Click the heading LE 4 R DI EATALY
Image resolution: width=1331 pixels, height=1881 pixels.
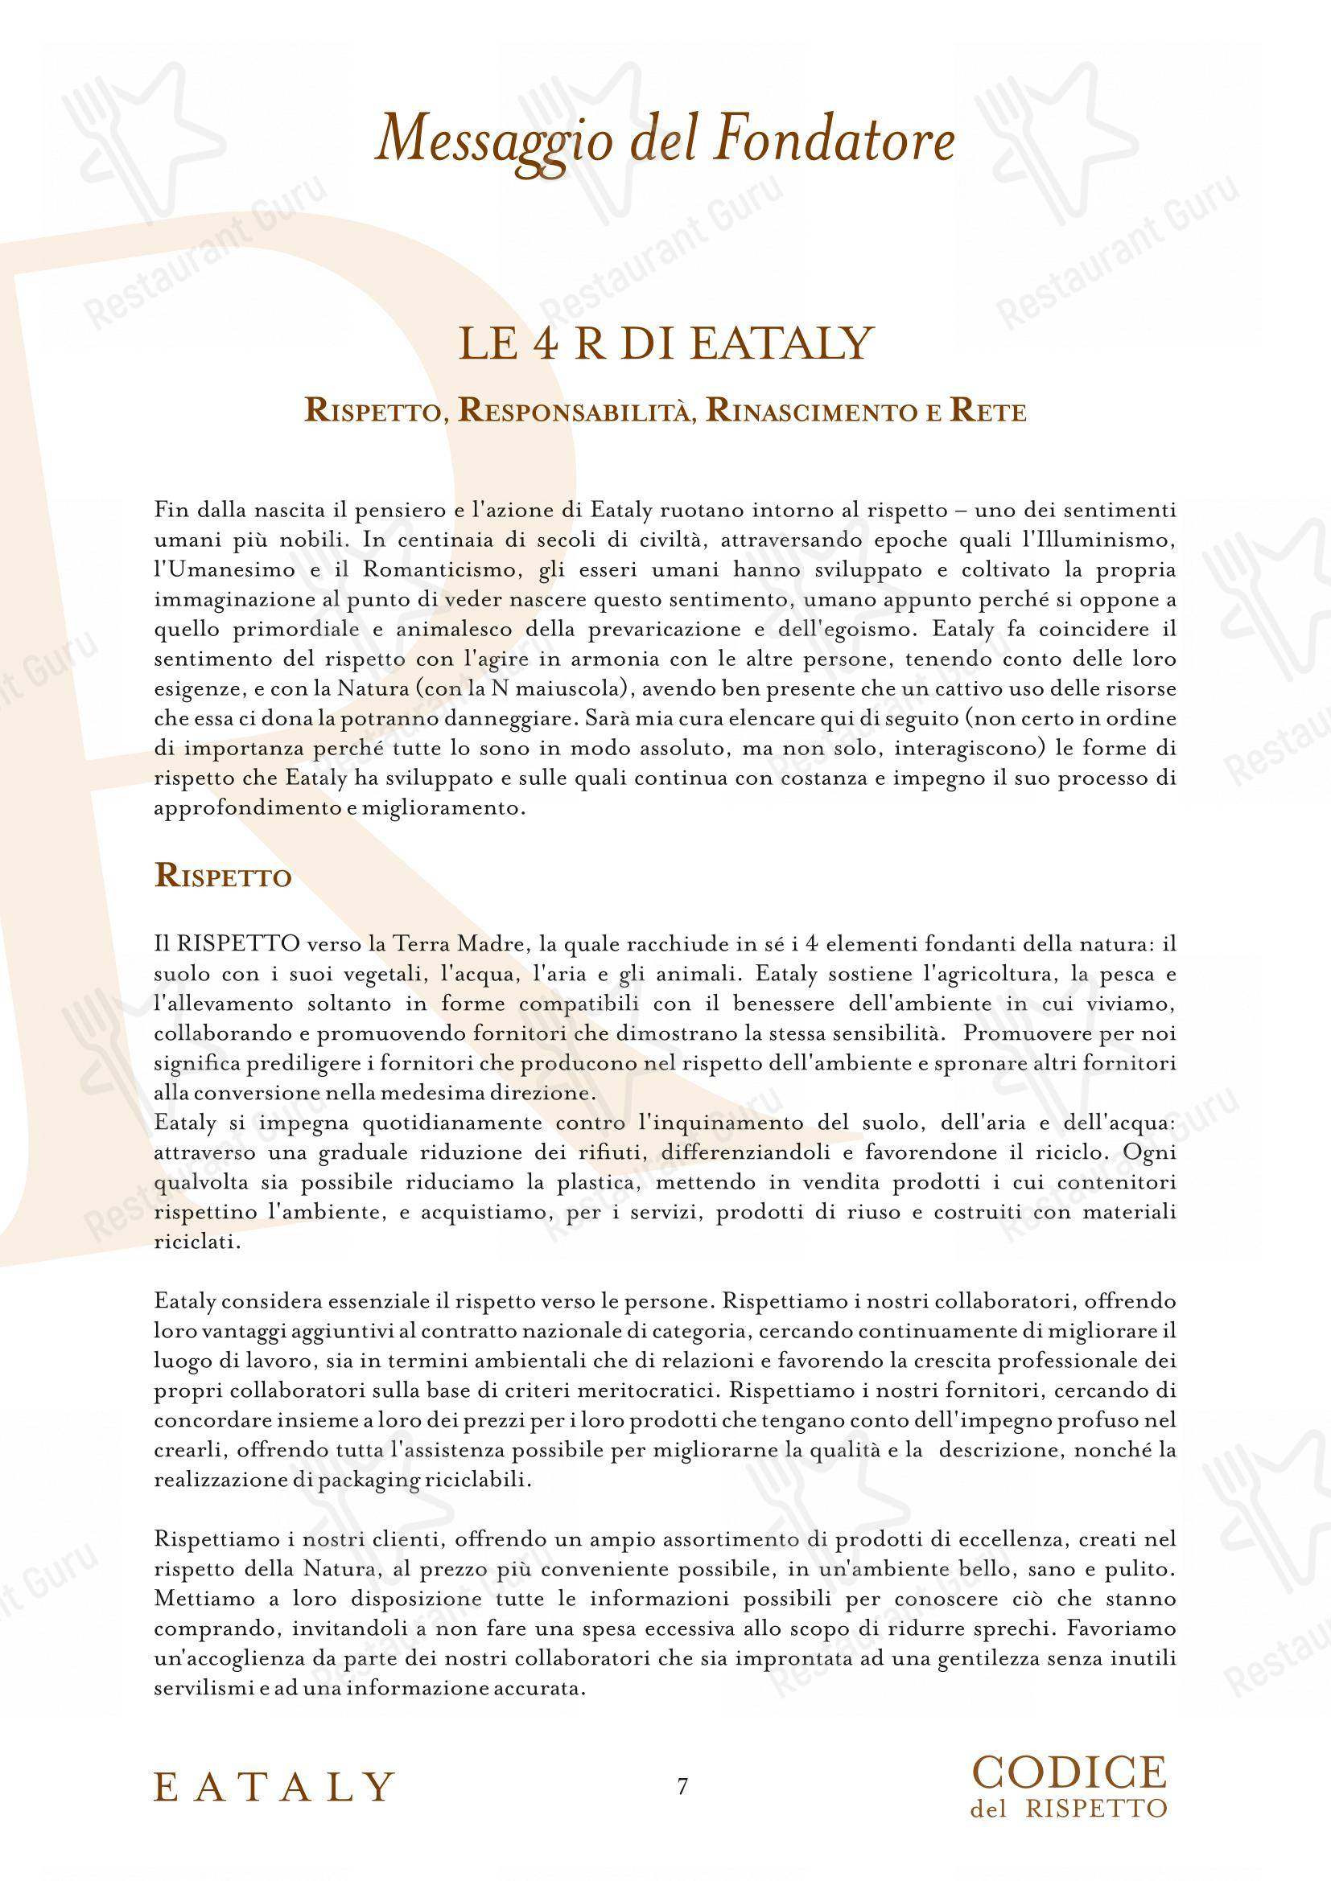coord(665,345)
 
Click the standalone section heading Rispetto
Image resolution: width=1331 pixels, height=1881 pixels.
coord(223,877)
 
